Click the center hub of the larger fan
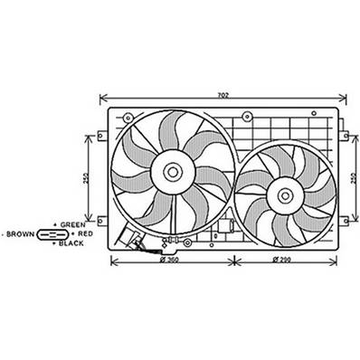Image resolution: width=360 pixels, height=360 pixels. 171,170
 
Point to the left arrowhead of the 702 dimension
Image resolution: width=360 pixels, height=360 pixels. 102,96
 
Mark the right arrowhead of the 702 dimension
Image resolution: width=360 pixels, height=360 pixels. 347,96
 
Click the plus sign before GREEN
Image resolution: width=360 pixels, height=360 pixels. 56,224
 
